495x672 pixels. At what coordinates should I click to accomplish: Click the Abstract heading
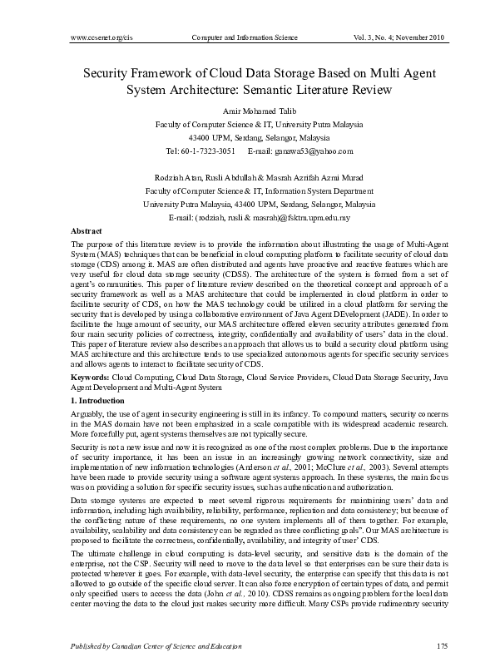pyautogui.click(x=87, y=230)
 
